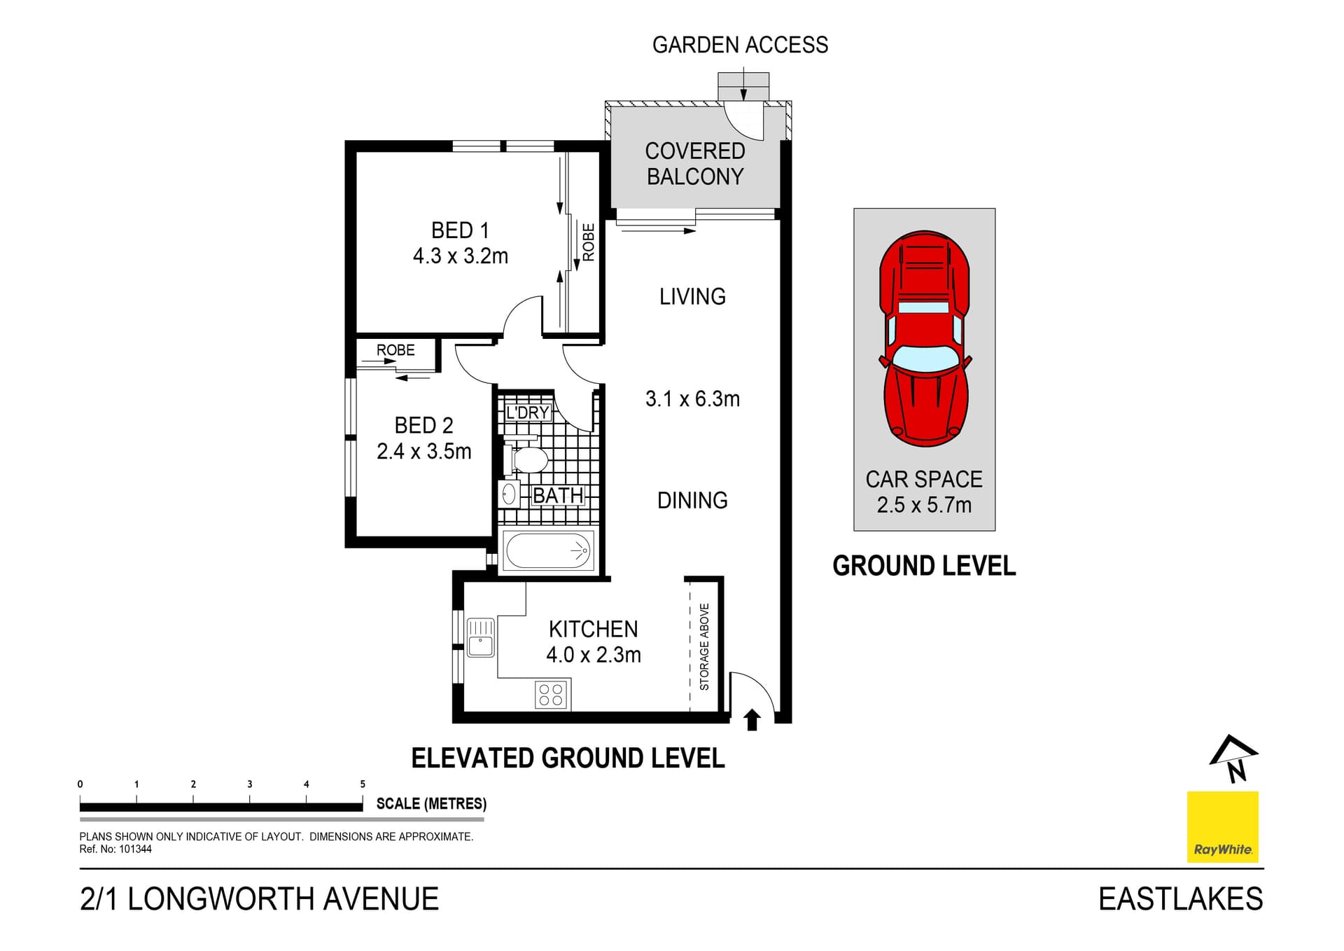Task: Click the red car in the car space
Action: coord(925,339)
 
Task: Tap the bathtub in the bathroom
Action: coord(549,550)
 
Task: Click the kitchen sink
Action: coord(480,637)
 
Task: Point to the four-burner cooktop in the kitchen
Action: coord(551,695)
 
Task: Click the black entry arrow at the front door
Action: coord(752,720)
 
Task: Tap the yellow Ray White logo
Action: coord(1222,826)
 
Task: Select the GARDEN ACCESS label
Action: coord(740,46)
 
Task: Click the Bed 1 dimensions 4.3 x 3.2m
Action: coord(460,256)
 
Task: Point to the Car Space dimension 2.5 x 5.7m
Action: coord(924,505)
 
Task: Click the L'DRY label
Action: coord(527,412)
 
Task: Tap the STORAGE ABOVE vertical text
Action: coord(704,646)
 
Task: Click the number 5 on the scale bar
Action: coord(363,784)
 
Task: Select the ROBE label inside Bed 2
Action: coord(395,350)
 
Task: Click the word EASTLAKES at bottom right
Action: coord(1180,899)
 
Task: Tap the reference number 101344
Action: coord(135,849)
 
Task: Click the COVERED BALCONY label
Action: coord(694,164)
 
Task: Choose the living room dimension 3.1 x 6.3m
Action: coord(692,399)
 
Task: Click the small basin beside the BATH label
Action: coord(509,494)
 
